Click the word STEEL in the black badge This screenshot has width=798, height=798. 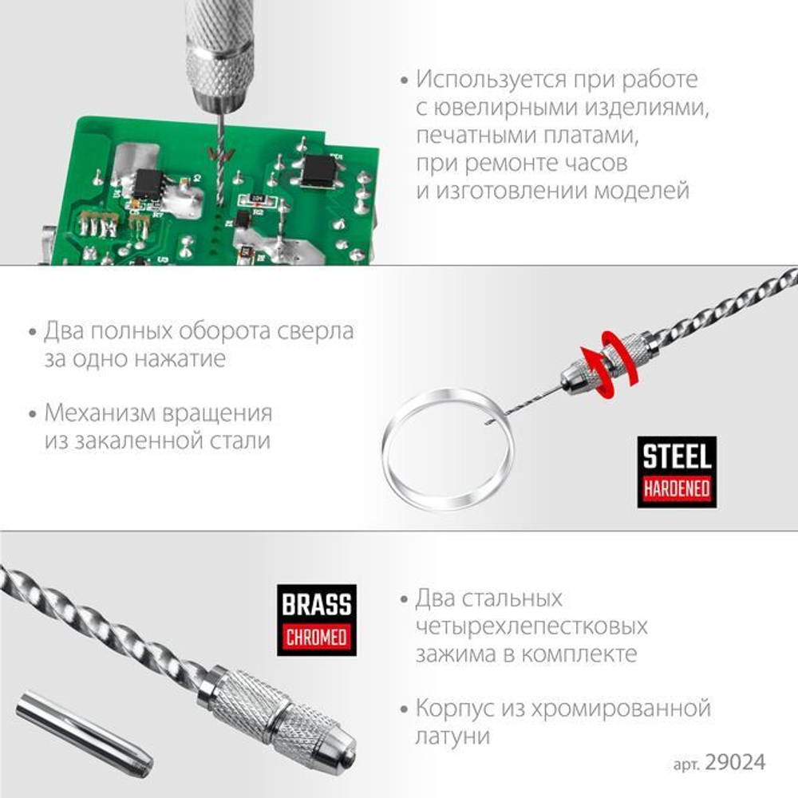[678, 457]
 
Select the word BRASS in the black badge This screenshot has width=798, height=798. [317, 604]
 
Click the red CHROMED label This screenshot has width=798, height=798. [317, 637]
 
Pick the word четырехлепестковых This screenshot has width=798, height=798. [531, 626]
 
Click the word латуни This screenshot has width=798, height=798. [452, 736]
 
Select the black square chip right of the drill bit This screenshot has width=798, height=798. [319, 168]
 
